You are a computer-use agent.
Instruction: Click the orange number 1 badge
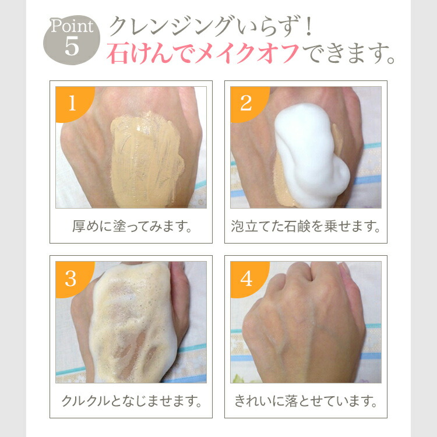72,103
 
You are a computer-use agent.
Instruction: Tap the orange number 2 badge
246,103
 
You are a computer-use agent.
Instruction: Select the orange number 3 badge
71,279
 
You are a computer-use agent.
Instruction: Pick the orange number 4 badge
246,279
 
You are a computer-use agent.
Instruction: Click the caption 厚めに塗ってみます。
131,226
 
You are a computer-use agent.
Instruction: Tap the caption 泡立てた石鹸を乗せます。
305,226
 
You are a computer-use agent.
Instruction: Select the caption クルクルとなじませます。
131,401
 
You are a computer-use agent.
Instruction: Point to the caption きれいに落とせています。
305,401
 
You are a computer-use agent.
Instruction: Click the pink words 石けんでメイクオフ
203,54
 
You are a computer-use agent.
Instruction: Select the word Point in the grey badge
71,27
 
